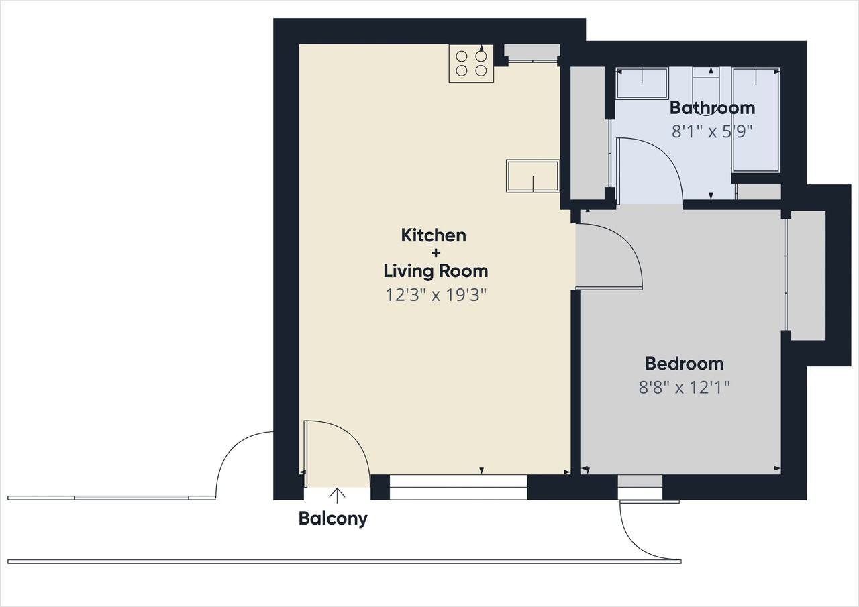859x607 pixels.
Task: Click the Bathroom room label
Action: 712,108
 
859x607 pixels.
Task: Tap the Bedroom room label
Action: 685,364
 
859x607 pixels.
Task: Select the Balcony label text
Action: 333,519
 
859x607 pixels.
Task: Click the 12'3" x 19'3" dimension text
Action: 436,295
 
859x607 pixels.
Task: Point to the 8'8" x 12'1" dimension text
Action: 684,388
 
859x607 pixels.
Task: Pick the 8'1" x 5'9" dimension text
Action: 712,132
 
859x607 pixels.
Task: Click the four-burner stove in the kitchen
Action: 471,64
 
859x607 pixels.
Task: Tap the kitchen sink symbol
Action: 533,176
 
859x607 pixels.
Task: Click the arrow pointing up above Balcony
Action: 337,496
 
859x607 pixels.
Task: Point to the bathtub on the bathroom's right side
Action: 756,120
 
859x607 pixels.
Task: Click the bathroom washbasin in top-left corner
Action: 642,84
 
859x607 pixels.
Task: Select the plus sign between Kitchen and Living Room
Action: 436,253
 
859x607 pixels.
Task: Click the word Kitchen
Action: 434,235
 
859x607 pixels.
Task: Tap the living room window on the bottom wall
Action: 458,487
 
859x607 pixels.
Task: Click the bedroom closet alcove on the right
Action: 806,275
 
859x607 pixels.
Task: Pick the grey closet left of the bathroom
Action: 587,133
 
